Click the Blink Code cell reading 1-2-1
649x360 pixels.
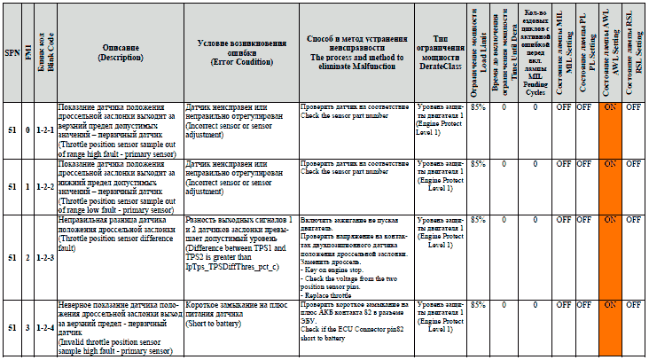pos(42,131)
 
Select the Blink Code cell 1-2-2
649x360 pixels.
pos(42,188)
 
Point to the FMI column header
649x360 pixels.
pos(27,52)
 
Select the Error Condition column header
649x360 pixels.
pos(240,52)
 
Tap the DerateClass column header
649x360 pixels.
pos(440,52)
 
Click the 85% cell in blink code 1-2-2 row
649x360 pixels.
pos(479,164)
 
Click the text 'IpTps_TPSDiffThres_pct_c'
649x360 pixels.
pos(231,266)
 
